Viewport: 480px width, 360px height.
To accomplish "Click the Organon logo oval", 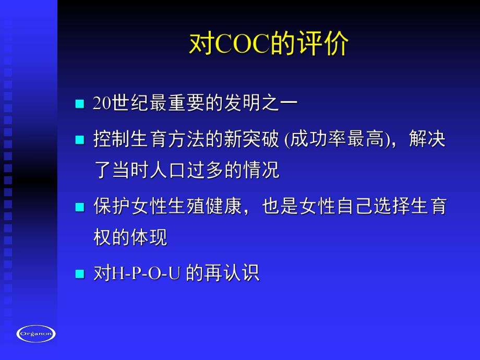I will (x=36, y=333).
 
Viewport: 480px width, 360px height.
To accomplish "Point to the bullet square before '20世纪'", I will (x=79, y=103).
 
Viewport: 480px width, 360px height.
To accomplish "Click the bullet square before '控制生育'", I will (x=79, y=140).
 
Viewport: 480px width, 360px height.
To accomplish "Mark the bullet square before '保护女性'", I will (x=79, y=207).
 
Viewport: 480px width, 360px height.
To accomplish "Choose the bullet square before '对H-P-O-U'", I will (x=79, y=274).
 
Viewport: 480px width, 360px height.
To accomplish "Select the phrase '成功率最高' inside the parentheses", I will (x=337, y=139).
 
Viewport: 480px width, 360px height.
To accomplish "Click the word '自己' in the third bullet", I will (x=354, y=206).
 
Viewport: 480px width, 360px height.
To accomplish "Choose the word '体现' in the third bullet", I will (x=149, y=237).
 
